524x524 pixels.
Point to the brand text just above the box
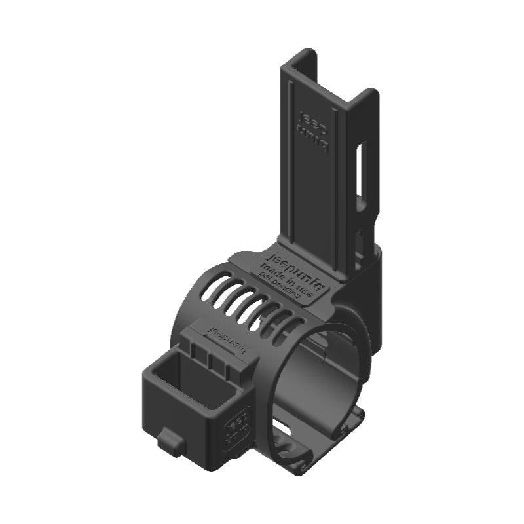click(x=222, y=333)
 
